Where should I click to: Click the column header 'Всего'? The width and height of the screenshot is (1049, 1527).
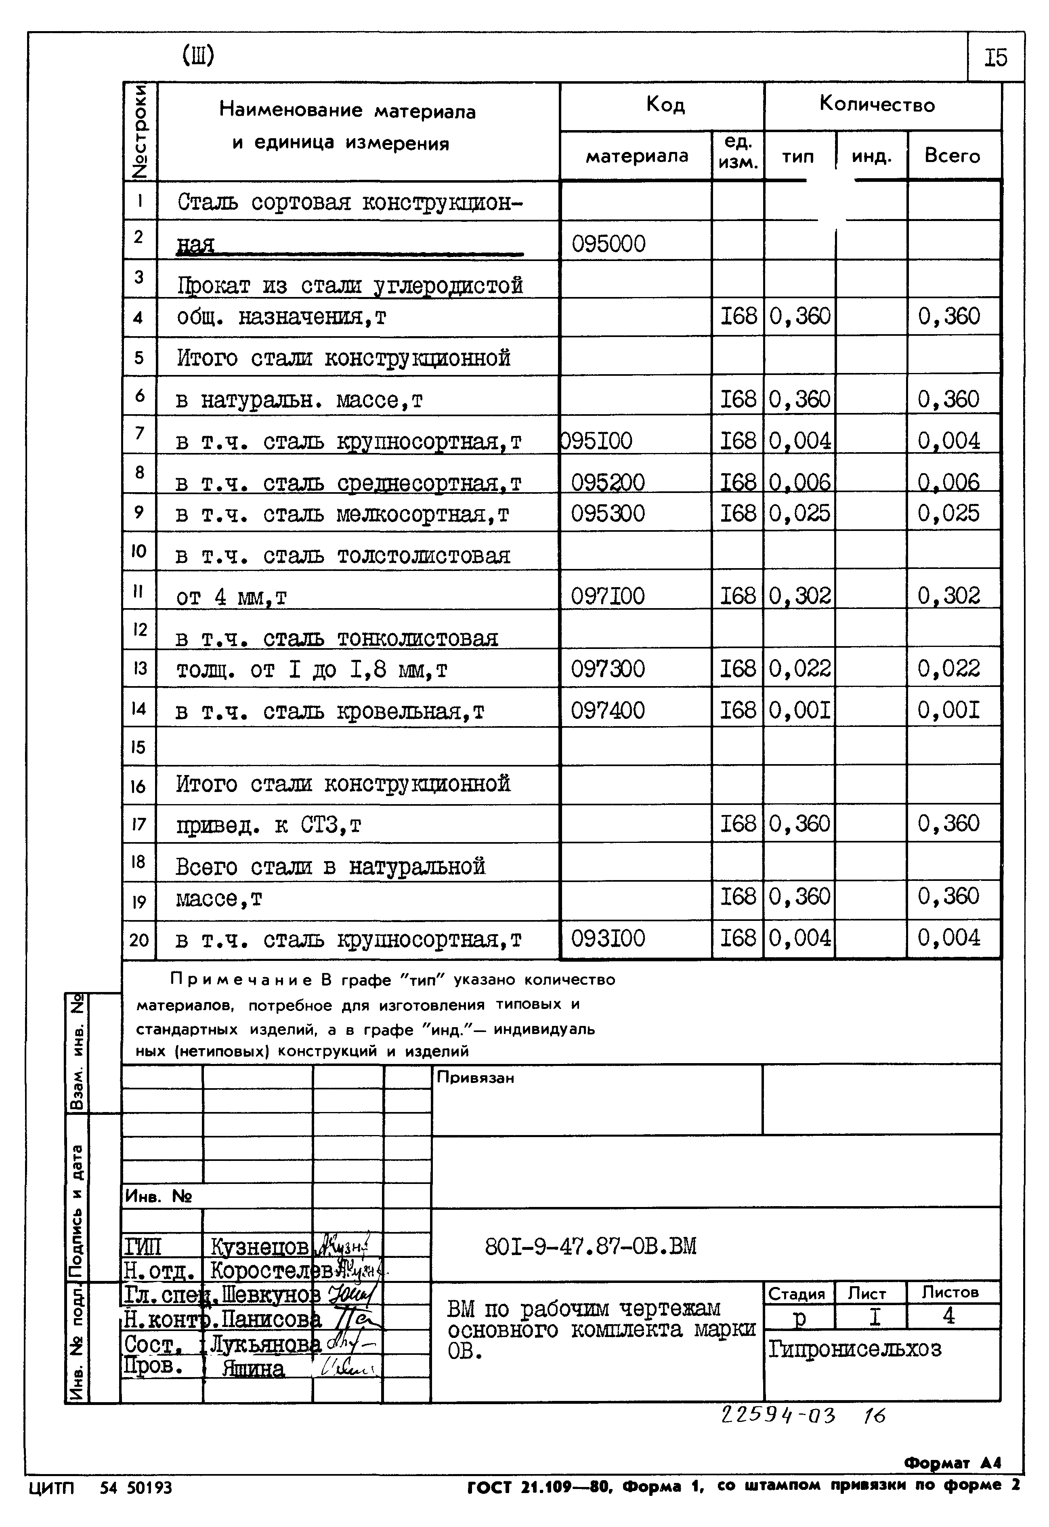(x=952, y=156)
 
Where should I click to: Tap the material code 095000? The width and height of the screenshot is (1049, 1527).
(x=608, y=244)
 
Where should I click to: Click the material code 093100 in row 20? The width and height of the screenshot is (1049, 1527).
(x=607, y=938)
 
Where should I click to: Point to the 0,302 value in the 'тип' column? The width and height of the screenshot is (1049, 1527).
(x=799, y=596)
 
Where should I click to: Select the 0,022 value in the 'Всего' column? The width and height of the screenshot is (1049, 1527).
(x=948, y=669)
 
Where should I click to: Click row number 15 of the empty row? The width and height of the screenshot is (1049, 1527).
(x=138, y=747)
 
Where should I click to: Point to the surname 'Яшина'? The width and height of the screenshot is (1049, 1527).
(x=253, y=1369)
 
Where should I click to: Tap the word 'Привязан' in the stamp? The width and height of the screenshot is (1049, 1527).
(x=475, y=1078)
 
